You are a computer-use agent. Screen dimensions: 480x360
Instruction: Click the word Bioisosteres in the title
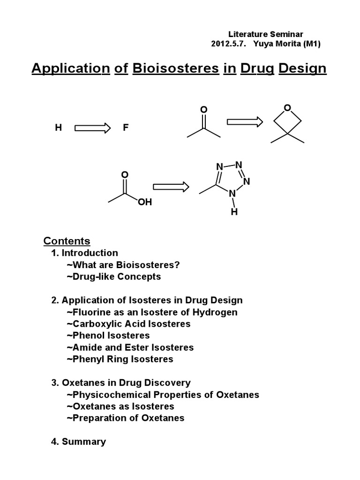(x=176, y=68)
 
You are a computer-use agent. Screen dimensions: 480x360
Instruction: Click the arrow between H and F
(x=92, y=127)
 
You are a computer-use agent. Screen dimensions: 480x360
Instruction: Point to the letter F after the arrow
(x=125, y=127)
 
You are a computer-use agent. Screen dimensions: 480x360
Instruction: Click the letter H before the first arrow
(x=59, y=127)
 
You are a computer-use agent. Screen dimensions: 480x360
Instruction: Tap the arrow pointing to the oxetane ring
(x=245, y=122)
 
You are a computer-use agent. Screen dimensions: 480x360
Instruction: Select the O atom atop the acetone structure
(x=203, y=110)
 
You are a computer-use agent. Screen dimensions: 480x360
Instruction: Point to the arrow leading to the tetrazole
(x=171, y=187)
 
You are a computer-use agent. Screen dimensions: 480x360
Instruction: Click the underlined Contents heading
(x=67, y=241)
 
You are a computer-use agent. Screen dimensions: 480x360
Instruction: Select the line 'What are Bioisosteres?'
(x=123, y=265)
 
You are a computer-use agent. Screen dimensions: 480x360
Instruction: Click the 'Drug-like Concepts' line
(x=113, y=277)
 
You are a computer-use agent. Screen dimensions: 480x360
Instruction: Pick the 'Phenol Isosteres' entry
(x=108, y=336)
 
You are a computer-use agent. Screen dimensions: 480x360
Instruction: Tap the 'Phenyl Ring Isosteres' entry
(x=120, y=359)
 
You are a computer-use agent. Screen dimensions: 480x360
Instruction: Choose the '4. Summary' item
(x=78, y=442)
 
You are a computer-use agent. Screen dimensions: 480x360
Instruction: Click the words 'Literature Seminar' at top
(x=266, y=34)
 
